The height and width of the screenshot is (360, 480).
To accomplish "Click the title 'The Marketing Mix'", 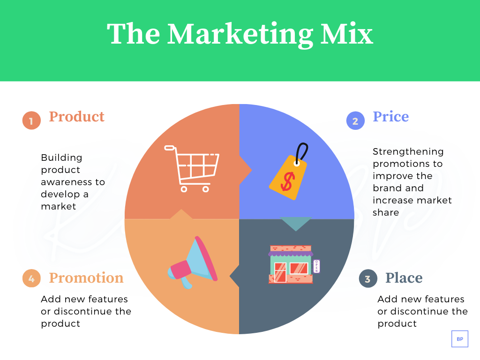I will pos(240,34).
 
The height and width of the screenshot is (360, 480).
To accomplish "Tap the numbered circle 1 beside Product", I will pos(31,121).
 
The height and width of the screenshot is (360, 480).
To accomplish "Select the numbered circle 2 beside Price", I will pos(355,121).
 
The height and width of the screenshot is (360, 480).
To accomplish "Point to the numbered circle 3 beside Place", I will pos(367,279).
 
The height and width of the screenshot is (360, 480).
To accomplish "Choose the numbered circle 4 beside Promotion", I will pos(31,279).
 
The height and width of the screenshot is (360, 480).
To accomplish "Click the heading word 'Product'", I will pos(76,116).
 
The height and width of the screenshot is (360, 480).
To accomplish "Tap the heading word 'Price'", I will pos(390,116).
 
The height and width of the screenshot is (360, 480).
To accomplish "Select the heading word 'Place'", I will pos(404,278).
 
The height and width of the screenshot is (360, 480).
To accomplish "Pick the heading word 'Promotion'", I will pos(86,278).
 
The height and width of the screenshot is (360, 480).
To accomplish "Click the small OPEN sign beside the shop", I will pos(316,266).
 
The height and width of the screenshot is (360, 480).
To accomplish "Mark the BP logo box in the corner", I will pos(459,338).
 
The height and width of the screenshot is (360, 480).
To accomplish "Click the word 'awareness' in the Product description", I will pos(73,182).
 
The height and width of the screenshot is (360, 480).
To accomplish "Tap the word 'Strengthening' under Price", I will pos(408,151).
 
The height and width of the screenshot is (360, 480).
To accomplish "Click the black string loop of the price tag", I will pos(303,152).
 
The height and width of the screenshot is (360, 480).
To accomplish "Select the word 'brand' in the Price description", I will pos(391,188).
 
